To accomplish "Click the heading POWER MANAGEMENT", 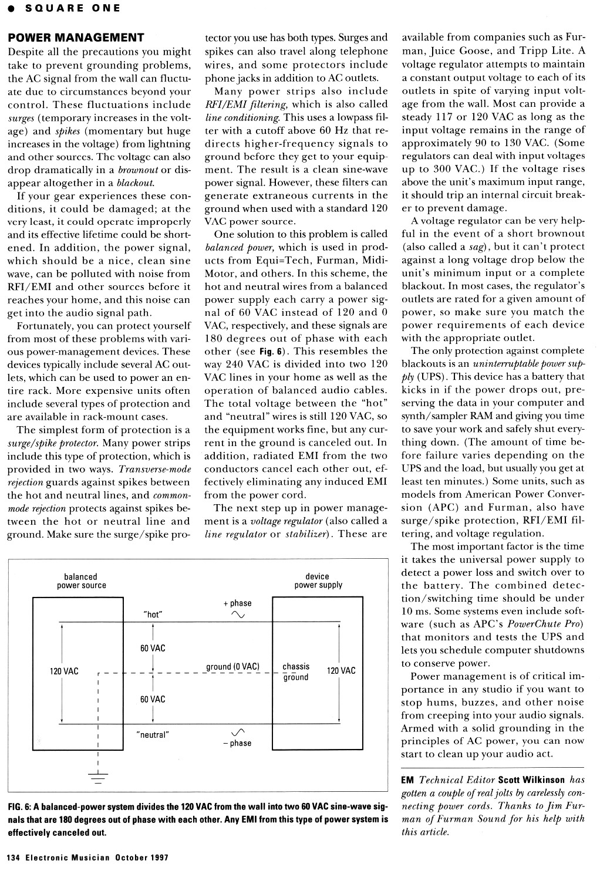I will point(76,38).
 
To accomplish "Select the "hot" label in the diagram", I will point(153,615).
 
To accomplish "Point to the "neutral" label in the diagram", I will point(152,734).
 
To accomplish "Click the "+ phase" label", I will point(237,603).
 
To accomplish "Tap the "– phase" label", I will point(237,743).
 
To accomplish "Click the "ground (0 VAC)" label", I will point(232,667).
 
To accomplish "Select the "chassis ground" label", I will point(296,671).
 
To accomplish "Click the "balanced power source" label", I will point(81,581).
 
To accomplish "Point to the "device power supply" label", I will point(318,581).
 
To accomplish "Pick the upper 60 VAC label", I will point(153,648).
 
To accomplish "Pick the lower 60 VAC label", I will point(153,699).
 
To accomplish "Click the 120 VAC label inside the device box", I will point(341,671).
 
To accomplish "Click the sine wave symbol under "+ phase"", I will point(238,615).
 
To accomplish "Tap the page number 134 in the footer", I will point(14,857).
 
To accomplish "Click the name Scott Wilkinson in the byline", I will point(531,780).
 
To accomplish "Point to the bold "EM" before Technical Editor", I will point(407,780).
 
